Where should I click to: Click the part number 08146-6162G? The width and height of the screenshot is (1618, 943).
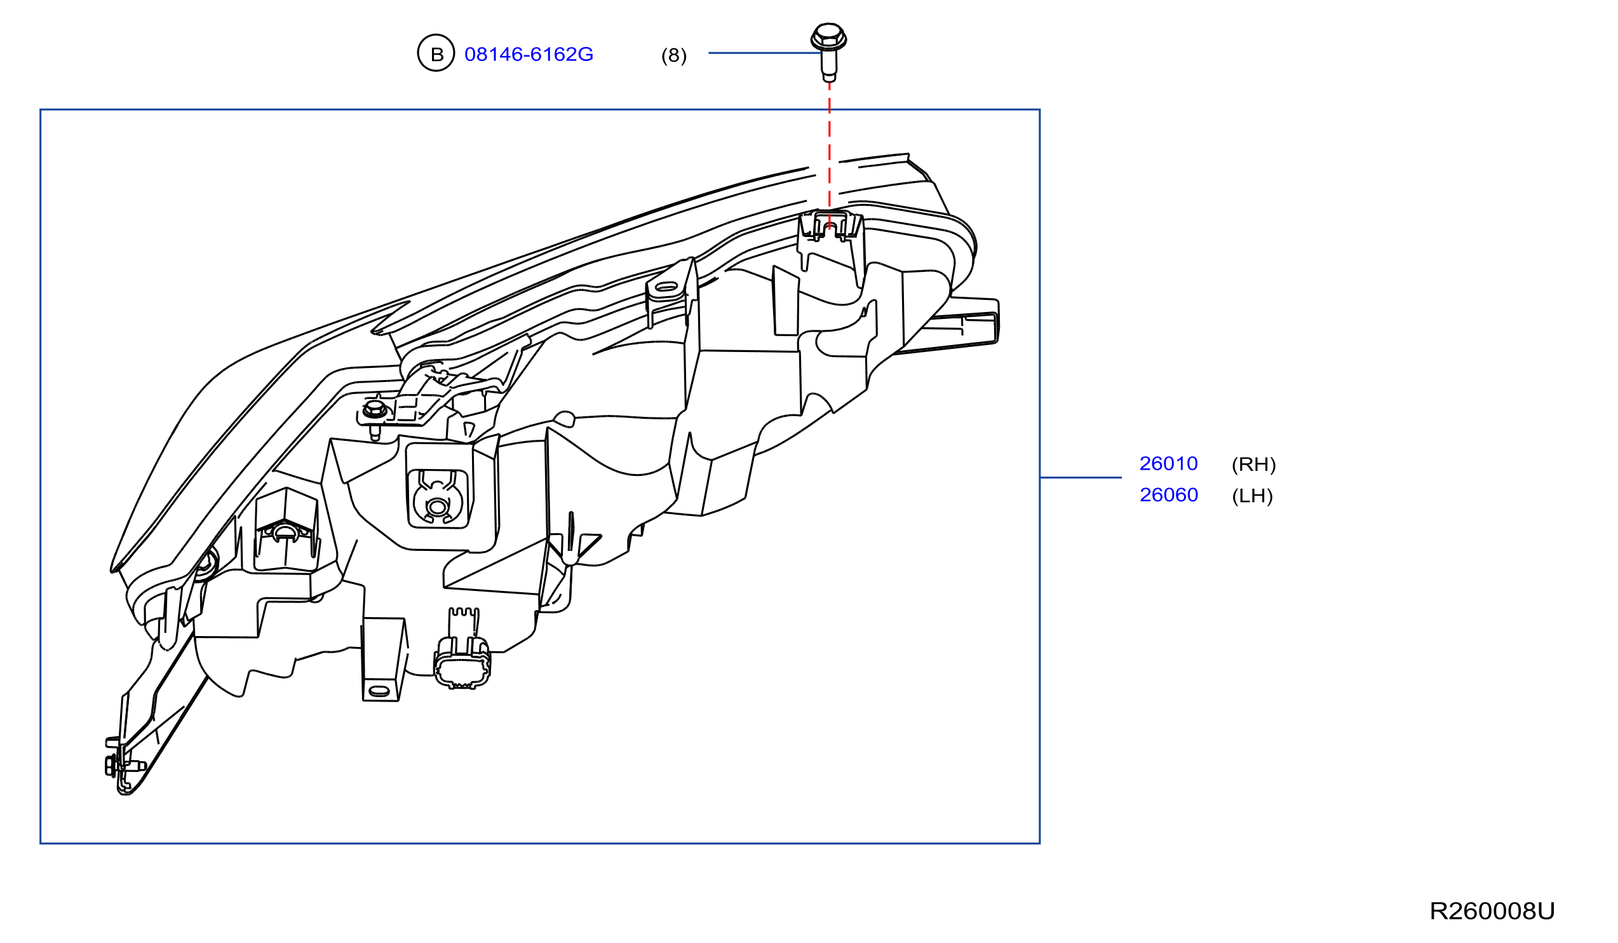(529, 54)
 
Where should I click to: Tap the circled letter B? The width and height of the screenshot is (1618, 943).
(436, 53)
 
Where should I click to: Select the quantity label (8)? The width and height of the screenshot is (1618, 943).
(673, 55)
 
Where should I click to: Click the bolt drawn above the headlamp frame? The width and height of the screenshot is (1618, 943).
(828, 51)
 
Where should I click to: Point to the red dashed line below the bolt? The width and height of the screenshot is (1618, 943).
(829, 154)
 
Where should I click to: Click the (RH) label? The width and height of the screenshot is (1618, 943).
(1253, 464)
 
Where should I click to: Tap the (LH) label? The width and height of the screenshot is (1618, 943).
(1252, 495)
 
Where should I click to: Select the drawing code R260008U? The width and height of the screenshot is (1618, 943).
(1492, 911)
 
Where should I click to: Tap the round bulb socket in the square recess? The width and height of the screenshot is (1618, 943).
(437, 507)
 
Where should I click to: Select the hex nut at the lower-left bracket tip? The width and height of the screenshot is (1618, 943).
(110, 765)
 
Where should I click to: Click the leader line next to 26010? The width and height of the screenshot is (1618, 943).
(1081, 477)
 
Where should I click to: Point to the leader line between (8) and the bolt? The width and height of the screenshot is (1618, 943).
(765, 53)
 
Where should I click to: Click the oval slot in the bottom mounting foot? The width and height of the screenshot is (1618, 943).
(379, 691)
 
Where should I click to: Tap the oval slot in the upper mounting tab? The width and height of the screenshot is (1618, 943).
(666, 287)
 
